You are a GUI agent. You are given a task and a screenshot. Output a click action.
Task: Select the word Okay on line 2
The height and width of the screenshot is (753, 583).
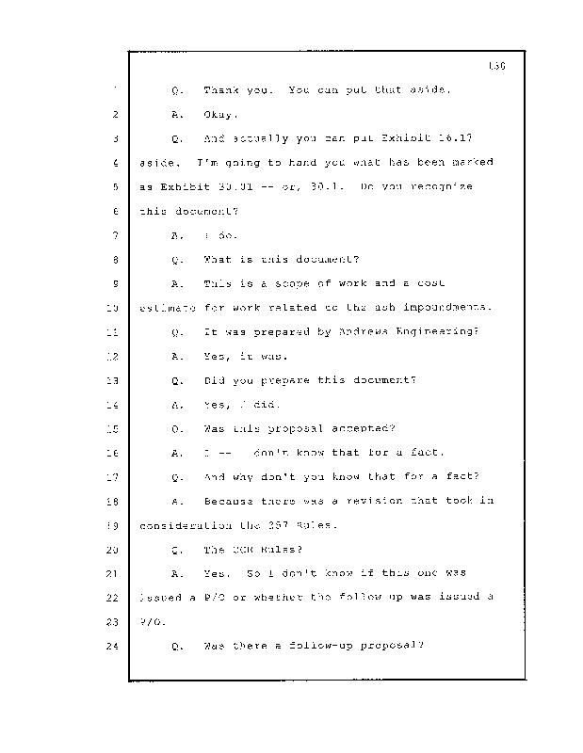(x=220, y=115)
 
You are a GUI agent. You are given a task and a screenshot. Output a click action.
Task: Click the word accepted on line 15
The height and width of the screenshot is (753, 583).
(x=350, y=428)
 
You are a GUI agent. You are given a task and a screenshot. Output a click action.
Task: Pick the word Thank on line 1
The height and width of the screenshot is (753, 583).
(x=223, y=91)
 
